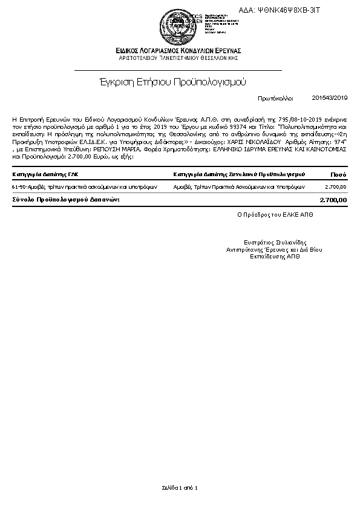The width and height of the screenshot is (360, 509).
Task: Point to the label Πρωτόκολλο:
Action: (x=275, y=97)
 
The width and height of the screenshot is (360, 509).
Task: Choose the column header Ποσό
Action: (x=338, y=174)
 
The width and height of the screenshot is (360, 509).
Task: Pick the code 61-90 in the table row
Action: (x=19, y=188)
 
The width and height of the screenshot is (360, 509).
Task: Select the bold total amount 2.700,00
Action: (x=333, y=200)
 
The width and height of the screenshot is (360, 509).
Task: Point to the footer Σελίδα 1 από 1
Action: (x=180, y=487)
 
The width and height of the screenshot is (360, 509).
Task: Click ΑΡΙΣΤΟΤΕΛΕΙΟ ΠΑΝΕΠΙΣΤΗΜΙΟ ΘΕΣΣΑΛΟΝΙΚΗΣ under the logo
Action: (x=179, y=57)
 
